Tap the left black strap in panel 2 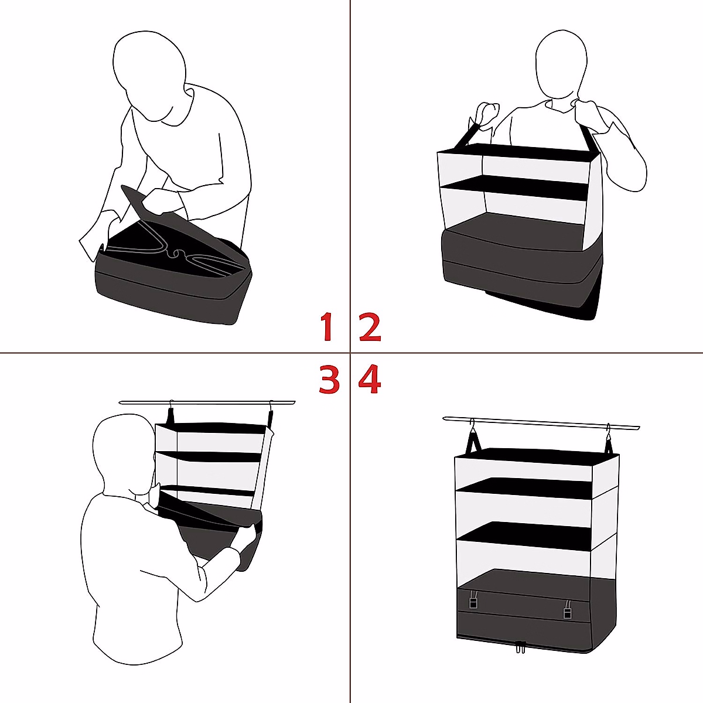click(466, 135)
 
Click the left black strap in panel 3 click(171, 417)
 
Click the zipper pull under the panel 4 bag click(519, 647)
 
